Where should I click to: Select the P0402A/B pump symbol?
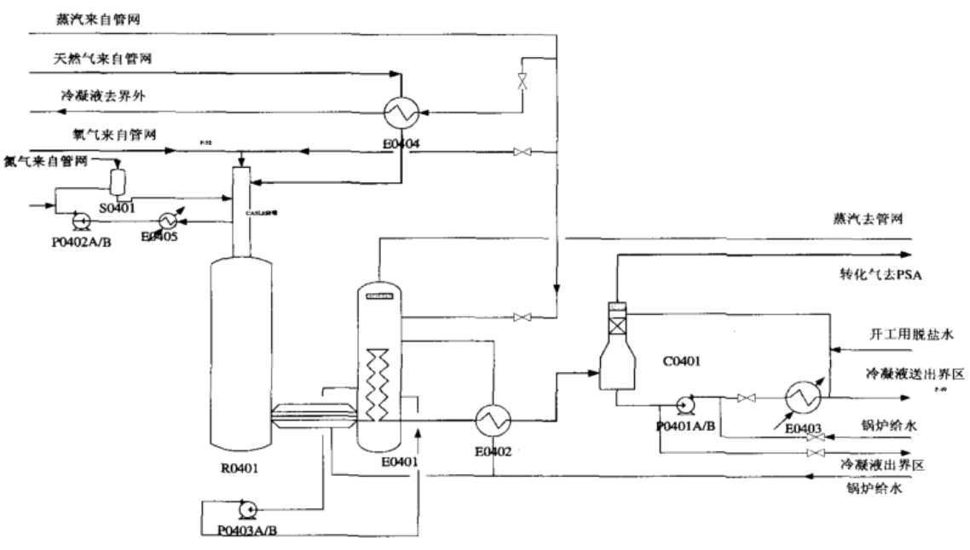82,221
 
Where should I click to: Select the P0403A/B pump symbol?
247,508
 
